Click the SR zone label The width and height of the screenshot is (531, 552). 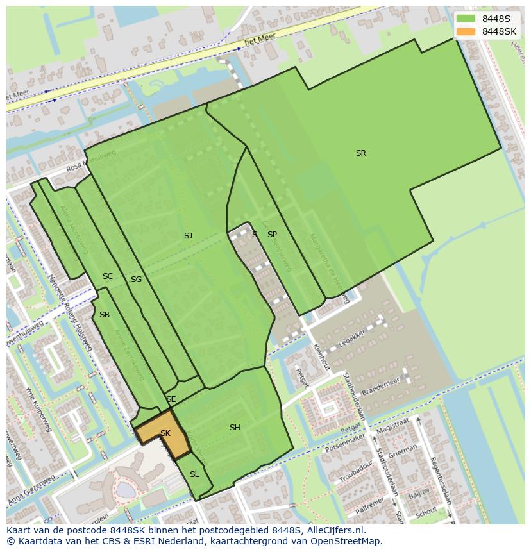click(x=361, y=153)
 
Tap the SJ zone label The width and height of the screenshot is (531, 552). click(x=188, y=236)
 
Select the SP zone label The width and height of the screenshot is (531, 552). click(x=272, y=235)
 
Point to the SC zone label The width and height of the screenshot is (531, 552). click(x=108, y=276)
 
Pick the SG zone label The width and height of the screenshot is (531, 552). click(x=136, y=280)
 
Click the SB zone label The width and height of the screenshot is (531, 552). click(x=105, y=315)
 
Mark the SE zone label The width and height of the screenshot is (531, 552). click(x=171, y=399)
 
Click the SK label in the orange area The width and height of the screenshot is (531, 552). click(x=165, y=433)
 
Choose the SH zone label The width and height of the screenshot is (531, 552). click(x=235, y=428)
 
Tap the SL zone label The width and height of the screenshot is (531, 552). click(x=194, y=474)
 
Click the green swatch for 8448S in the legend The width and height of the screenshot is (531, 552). click(x=466, y=19)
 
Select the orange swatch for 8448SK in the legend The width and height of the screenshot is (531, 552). click(x=466, y=31)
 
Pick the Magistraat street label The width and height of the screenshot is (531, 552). click(x=392, y=425)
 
